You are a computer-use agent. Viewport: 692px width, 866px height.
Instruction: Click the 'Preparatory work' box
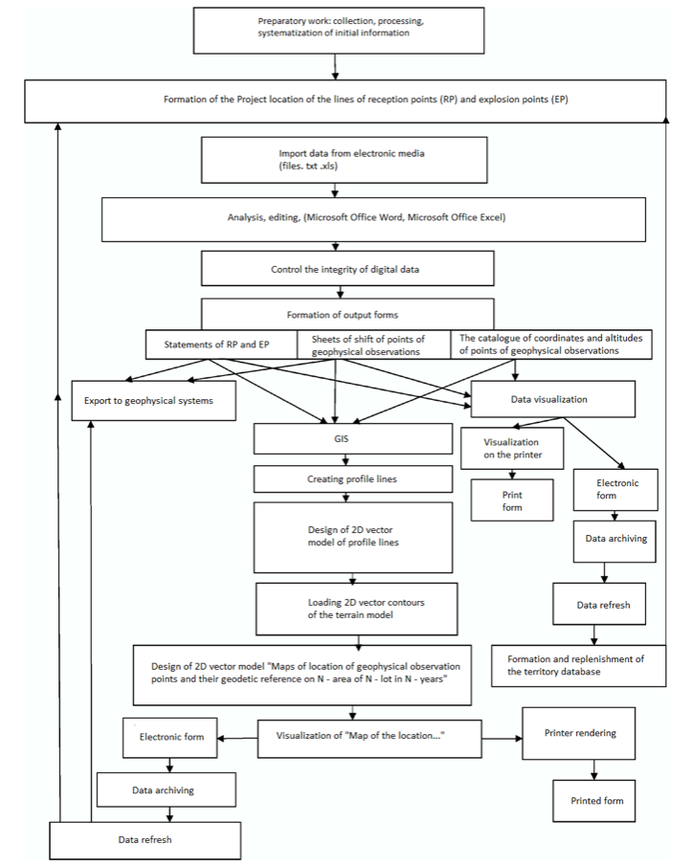coord(339,31)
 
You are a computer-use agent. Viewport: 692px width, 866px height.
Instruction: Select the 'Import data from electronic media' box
coord(344,160)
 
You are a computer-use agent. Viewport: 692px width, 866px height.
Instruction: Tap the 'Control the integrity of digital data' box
coord(347,269)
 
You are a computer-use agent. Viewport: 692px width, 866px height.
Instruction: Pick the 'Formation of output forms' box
coord(347,314)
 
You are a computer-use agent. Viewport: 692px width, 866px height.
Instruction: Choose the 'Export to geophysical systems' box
coord(153,400)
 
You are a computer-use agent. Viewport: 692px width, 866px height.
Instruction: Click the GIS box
coord(353,439)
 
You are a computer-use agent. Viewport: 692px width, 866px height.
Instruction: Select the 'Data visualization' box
coord(553,399)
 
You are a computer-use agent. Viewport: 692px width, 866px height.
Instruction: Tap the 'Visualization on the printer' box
coord(512,449)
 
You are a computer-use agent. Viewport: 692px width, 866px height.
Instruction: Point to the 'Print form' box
coord(512,500)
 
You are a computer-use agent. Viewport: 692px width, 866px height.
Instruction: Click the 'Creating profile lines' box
coord(353,478)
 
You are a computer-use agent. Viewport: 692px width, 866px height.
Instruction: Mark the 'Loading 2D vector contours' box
coord(356,609)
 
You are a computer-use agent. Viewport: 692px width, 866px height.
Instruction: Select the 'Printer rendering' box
coord(579,733)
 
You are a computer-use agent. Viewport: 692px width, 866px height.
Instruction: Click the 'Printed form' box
coord(594,801)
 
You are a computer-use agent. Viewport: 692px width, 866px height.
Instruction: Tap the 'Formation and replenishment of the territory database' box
coord(579,665)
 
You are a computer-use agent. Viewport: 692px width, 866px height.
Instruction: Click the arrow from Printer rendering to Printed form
coord(594,769)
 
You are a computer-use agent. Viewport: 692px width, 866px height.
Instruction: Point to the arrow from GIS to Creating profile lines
coord(346,460)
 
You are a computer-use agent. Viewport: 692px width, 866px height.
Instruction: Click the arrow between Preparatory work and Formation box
coord(335,67)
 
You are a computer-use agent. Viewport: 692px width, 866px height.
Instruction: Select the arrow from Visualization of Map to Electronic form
coord(237,738)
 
